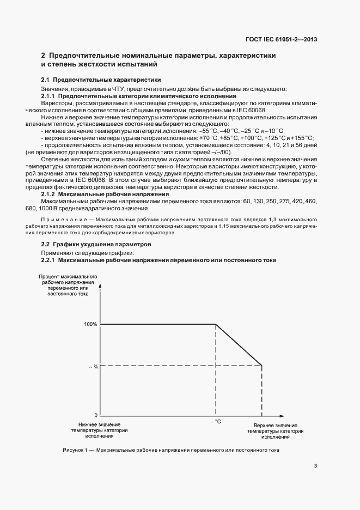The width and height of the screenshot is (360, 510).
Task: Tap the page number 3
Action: click(316, 465)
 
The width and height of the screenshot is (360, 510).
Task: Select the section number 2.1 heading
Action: click(46, 80)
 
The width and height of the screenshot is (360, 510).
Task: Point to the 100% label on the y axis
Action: click(90, 324)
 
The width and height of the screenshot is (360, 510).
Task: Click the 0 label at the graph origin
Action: click(96, 415)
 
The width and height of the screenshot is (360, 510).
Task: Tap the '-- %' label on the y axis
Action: click(93, 366)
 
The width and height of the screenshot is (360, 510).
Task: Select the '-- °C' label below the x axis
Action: click(216, 422)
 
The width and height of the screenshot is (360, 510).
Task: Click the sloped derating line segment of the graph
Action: click(239, 345)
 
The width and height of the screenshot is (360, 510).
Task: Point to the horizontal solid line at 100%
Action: click(158, 324)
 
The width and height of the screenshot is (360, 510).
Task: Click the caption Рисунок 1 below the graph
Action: click(171, 450)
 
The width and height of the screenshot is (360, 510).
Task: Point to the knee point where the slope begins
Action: click(216, 324)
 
